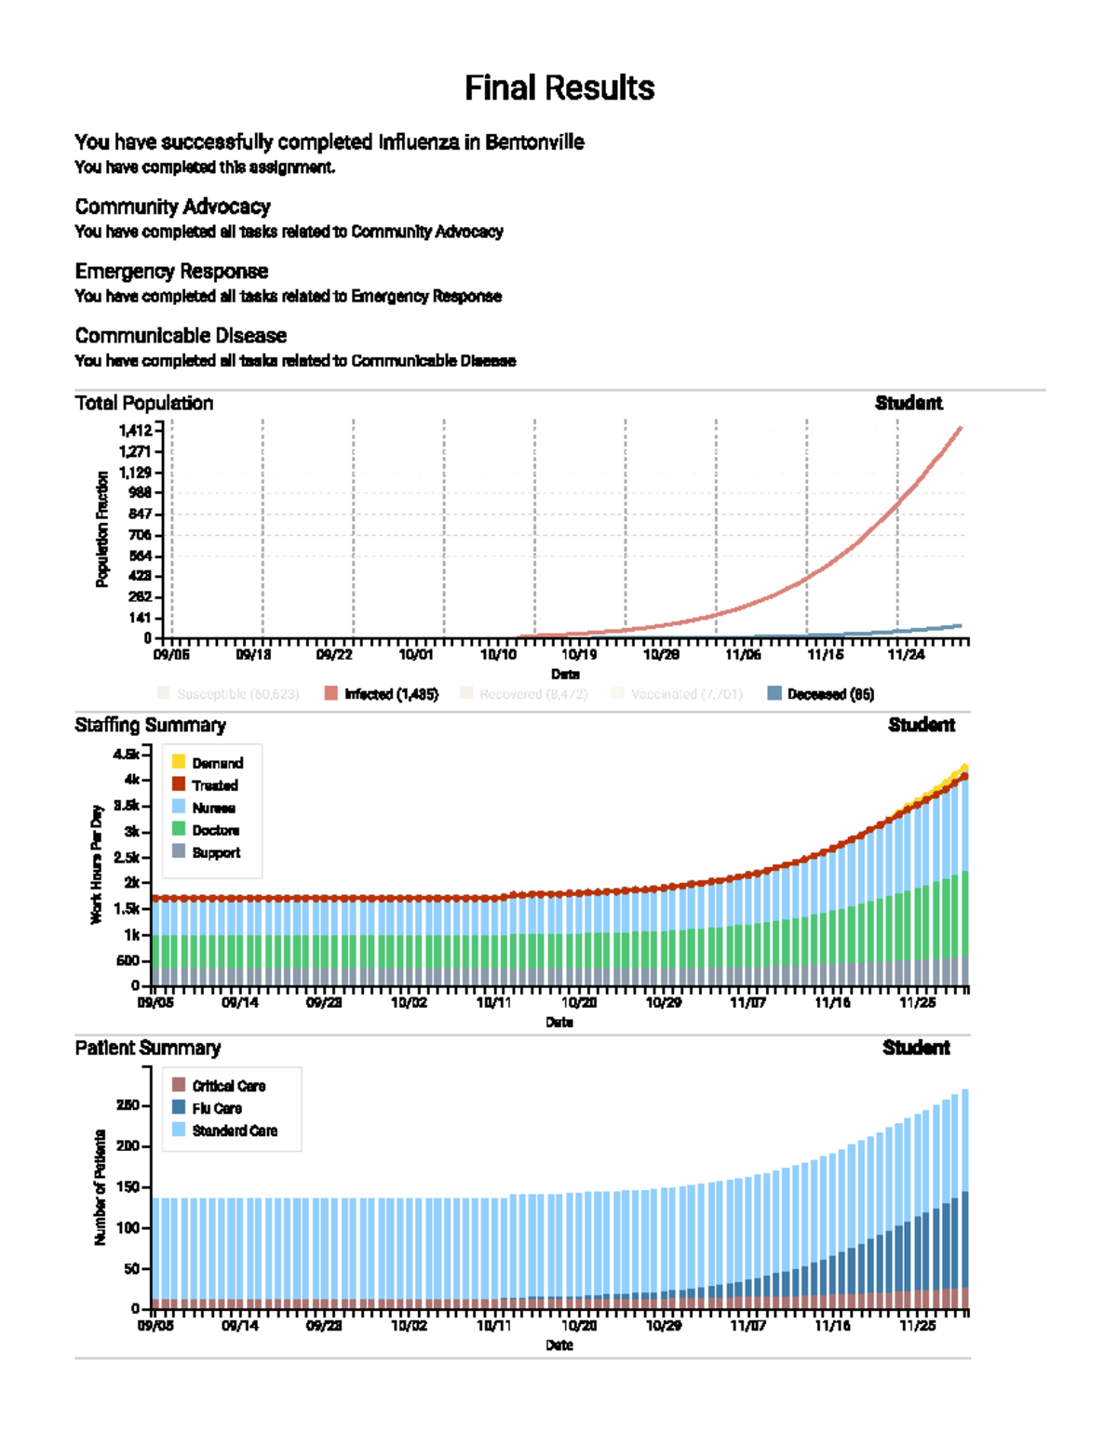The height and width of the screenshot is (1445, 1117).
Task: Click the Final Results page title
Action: tap(559, 88)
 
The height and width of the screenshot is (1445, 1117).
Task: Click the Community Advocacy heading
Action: tap(172, 207)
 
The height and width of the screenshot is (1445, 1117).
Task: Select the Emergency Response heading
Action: tap(171, 271)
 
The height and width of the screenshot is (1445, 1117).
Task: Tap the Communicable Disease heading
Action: tap(181, 335)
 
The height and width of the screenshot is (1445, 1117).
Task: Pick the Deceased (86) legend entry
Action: tap(821, 694)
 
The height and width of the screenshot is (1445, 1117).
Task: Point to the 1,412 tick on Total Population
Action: tap(135, 430)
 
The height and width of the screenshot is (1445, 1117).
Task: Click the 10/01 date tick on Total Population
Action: tap(416, 655)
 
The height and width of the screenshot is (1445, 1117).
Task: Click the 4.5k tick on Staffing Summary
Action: tap(127, 754)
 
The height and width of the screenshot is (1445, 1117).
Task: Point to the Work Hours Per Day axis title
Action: tap(97, 865)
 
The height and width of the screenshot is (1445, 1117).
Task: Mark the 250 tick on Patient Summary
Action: tap(128, 1105)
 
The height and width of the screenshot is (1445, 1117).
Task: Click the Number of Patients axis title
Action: tap(100, 1187)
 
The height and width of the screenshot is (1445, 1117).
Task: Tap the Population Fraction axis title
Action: tap(102, 528)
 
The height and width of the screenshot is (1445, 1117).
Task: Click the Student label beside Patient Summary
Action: tap(916, 1048)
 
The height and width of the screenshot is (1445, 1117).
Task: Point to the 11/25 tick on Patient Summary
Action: tap(917, 1326)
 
